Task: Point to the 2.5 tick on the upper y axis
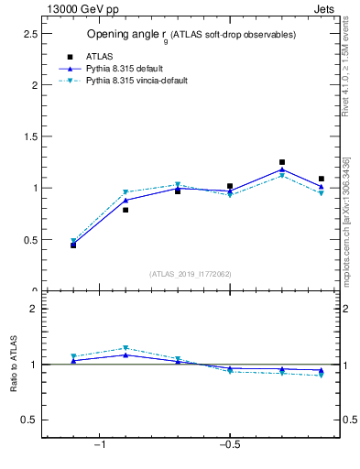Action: [29, 33]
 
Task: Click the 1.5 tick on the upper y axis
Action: [29, 136]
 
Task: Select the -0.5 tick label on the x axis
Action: [229, 444]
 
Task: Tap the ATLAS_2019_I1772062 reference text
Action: [191, 274]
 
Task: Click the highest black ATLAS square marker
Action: [282, 162]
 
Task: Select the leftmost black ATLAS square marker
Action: [73, 245]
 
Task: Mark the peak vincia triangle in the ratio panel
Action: [125, 348]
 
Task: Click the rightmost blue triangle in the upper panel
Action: [321, 187]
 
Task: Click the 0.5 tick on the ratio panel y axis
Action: [29, 420]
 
